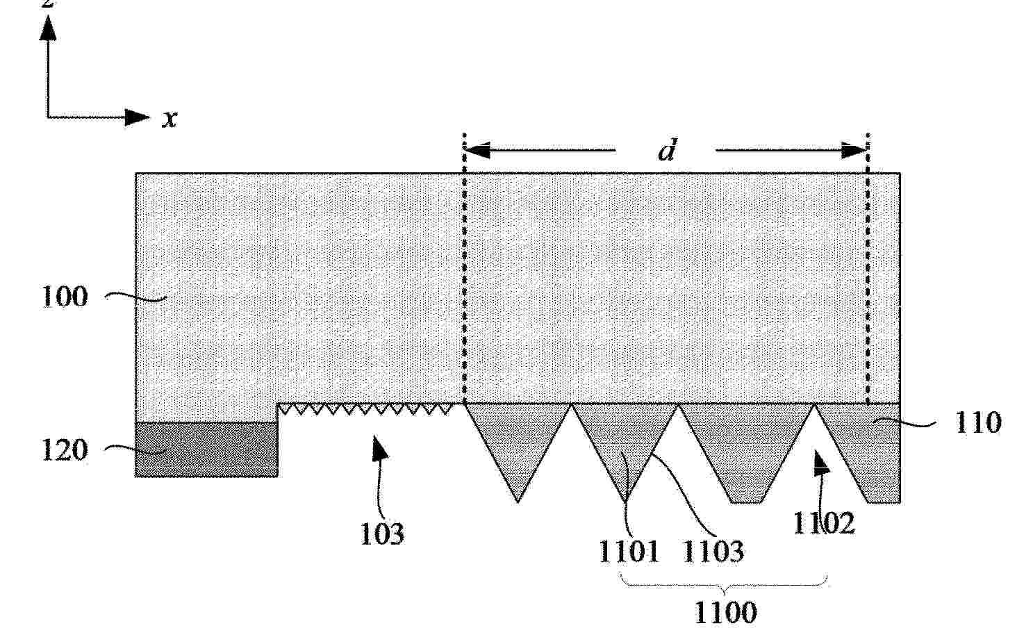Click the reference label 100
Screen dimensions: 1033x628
pyautogui.click(x=65, y=297)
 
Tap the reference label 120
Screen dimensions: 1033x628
pyautogui.click(x=65, y=450)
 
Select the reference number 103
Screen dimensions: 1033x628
pyautogui.click(x=382, y=534)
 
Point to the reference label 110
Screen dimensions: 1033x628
pyautogui.click(x=978, y=422)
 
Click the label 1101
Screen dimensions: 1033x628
pyautogui.click(x=629, y=552)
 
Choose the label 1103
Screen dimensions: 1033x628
pyautogui.click(x=713, y=552)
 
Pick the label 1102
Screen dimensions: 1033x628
pyautogui.click(x=824, y=523)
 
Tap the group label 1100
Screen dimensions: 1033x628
pyautogui.click(x=725, y=613)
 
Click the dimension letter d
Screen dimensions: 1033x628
pyautogui.click(x=668, y=149)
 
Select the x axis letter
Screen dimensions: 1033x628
pyautogui.click(x=170, y=119)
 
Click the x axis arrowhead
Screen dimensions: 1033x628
pyautogui.click(x=138, y=117)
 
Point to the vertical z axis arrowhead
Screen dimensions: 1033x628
pyautogui.click(x=48, y=28)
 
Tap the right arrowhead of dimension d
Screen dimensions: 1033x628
pyautogui.click(x=854, y=150)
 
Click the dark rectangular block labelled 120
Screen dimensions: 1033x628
pyautogui.click(x=206, y=449)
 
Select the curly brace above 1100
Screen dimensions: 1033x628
pyautogui.click(x=724, y=585)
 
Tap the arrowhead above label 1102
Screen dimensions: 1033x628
pyautogui.click(x=821, y=463)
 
